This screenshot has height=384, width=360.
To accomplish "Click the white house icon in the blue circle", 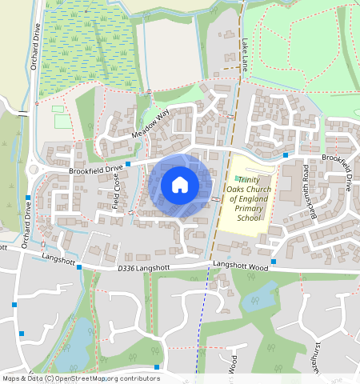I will coord(180,185).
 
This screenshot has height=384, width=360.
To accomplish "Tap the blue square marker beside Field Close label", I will coord(128,163).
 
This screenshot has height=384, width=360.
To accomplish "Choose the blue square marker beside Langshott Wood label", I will coord(274,262).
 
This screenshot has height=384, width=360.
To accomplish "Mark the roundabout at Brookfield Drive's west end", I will coord(34,170).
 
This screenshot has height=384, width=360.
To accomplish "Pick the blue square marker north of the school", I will coord(286,154).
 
